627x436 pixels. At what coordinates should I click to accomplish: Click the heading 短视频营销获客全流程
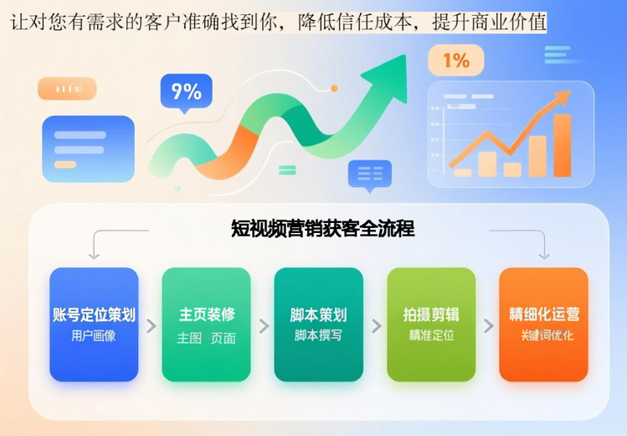click(323, 228)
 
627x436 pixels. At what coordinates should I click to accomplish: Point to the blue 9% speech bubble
click(186, 91)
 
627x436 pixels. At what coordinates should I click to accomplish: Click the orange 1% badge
click(455, 60)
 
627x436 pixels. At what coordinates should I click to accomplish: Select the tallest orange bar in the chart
click(562, 145)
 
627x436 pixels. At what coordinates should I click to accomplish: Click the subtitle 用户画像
click(94, 335)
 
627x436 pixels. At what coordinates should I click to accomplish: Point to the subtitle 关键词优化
click(543, 335)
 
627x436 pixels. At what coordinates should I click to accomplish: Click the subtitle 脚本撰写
click(318, 335)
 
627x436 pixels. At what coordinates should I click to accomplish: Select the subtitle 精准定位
click(431, 335)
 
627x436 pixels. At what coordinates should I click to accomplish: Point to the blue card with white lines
click(88, 148)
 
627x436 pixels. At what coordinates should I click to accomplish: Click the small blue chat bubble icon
click(369, 174)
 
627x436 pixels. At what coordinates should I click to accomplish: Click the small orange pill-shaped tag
click(67, 88)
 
